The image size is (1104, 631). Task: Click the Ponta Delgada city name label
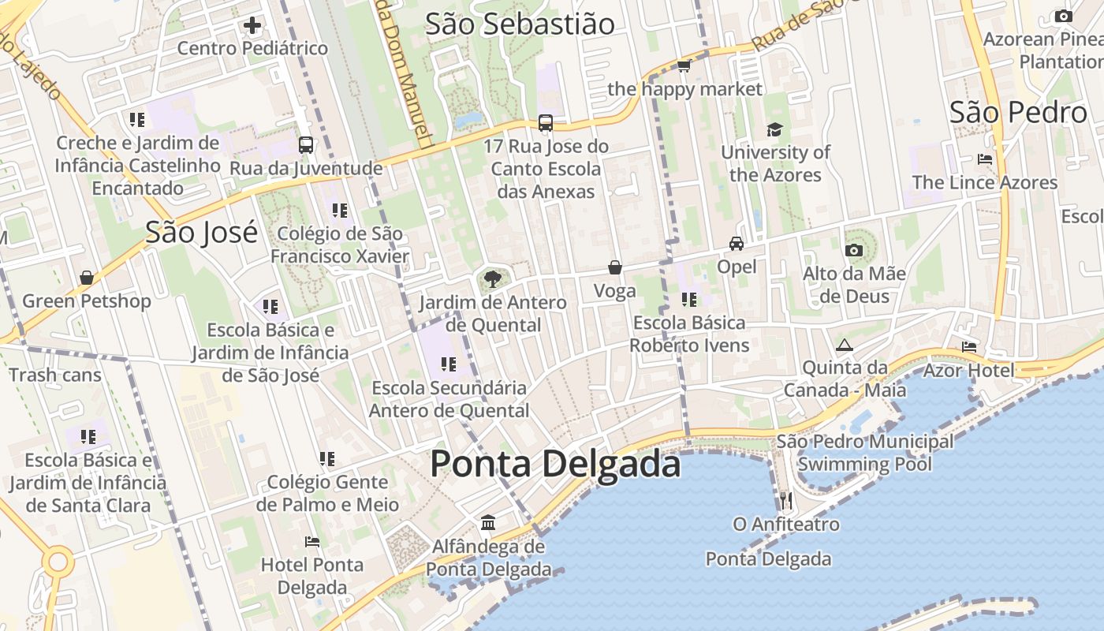click(555, 464)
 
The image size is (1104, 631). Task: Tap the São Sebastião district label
click(520, 24)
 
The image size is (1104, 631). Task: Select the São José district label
click(201, 233)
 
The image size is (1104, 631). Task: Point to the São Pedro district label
click(1018, 113)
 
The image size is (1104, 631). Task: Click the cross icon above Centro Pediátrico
click(252, 26)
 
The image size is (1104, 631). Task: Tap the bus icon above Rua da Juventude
click(306, 145)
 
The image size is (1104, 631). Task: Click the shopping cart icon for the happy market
click(684, 66)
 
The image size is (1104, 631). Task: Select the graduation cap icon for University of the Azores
click(775, 129)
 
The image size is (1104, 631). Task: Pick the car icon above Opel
click(737, 244)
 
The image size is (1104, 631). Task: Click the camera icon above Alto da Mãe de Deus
click(853, 251)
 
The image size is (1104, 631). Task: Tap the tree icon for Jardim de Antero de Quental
click(493, 278)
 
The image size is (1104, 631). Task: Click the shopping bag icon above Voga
click(614, 268)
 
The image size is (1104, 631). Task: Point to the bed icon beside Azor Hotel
click(969, 347)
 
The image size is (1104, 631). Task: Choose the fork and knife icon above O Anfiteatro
click(785, 500)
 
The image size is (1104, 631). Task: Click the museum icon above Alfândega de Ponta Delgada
click(488, 523)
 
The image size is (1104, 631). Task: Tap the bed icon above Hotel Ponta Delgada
click(312, 542)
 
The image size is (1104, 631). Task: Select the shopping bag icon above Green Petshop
click(87, 278)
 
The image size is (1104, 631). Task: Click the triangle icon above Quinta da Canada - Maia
click(845, 345)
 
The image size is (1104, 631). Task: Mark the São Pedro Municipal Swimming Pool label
click(864, 453)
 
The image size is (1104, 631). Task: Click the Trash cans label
click(55, 375)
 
